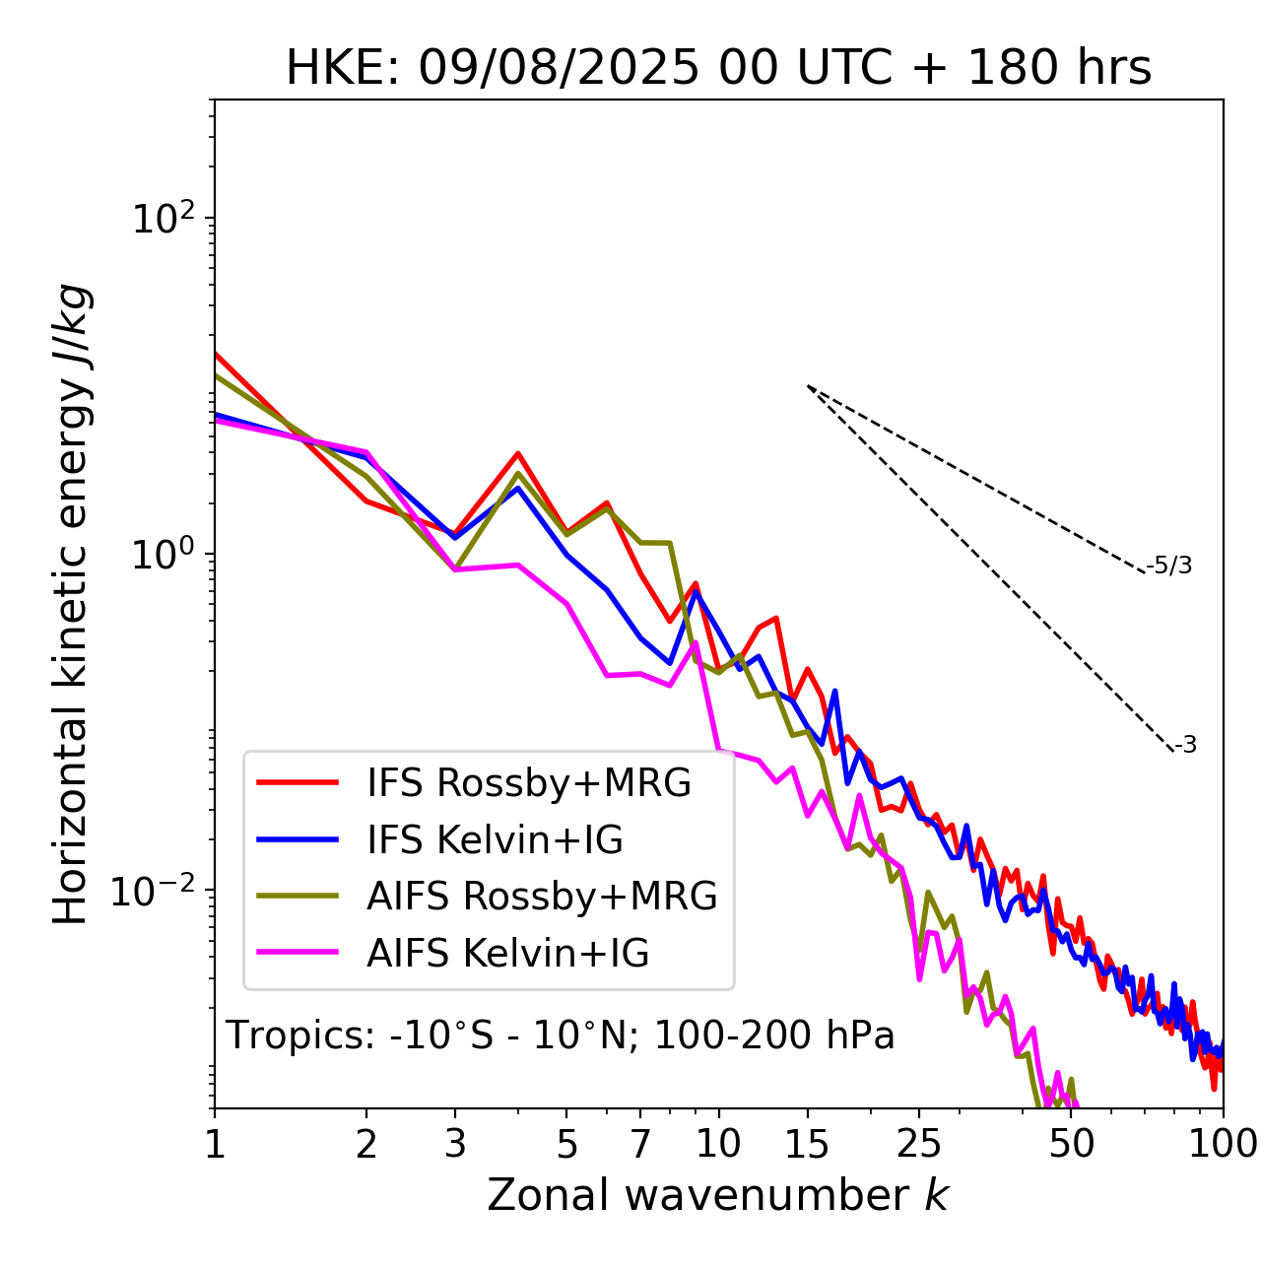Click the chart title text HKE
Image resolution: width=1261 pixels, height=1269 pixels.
[344, 69]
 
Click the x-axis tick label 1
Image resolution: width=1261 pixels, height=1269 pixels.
[215, 1144]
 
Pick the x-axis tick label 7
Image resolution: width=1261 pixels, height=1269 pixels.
[640, 1144]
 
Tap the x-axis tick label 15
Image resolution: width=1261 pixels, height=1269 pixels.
[807, 1144]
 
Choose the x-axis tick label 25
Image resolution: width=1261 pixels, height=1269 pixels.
[919, 1144]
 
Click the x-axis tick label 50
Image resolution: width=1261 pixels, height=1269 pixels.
[1072, 1144]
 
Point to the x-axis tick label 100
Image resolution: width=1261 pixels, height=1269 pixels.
[1223, 1144]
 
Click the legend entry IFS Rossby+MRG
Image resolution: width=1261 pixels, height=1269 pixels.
[528, 783]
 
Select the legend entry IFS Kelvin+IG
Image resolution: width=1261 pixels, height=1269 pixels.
[495, 840]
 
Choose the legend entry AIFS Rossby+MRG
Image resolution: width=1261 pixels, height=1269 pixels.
[542, 897]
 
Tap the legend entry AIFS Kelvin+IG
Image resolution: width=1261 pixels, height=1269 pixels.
[507, 954]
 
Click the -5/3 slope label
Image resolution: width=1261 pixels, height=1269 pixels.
[1169, 567]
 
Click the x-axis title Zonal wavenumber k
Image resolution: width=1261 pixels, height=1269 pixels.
[717, 1195]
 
